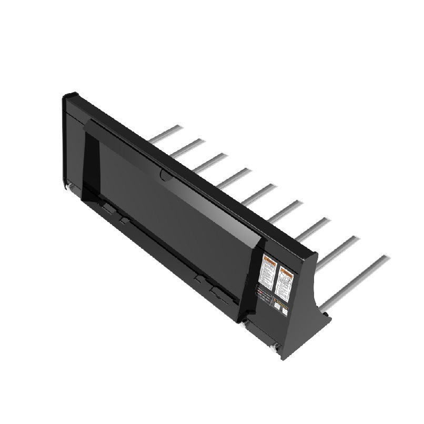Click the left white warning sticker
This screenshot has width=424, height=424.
[269, 272]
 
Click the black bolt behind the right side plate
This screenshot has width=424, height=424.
[326, 314]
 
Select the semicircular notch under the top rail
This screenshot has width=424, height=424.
[165, 175]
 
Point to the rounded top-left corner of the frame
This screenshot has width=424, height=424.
[67, 97]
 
